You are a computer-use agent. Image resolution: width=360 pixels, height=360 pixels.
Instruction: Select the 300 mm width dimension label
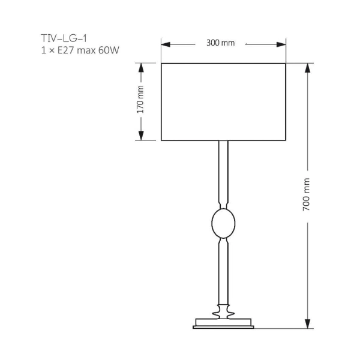(x=220, y=44)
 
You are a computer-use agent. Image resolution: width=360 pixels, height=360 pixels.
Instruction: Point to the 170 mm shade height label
(x=140, y=100)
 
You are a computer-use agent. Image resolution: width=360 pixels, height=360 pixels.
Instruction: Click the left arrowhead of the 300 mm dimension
(x=166, y=44)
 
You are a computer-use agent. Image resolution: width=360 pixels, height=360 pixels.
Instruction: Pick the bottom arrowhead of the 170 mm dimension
(x=140, y=136)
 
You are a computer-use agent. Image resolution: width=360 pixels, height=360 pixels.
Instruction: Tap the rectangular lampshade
(x=223, y=101)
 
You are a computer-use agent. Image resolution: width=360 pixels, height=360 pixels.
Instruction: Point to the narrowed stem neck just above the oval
(x=223, y=204)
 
